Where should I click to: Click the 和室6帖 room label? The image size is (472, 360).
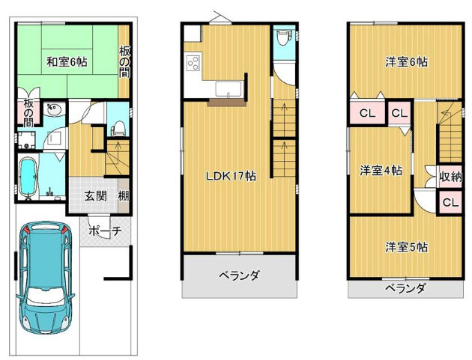[x=67, y=62]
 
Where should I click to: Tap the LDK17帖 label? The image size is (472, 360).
[x=232, y=177]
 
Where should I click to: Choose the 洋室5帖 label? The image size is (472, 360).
[x=406, y=246]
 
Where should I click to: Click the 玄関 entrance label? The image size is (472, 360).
[x=94, y=196]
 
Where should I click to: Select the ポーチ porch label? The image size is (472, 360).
[x=105, y=232]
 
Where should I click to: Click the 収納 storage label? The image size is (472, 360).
[x=450, y=177]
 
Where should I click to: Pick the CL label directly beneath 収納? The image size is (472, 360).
[x=450, y=202]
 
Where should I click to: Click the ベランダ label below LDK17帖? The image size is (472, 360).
[x=239, y=275]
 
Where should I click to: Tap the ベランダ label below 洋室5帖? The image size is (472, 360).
[x=405, y=288]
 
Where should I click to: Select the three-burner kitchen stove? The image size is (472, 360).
[x=193, y=63]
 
